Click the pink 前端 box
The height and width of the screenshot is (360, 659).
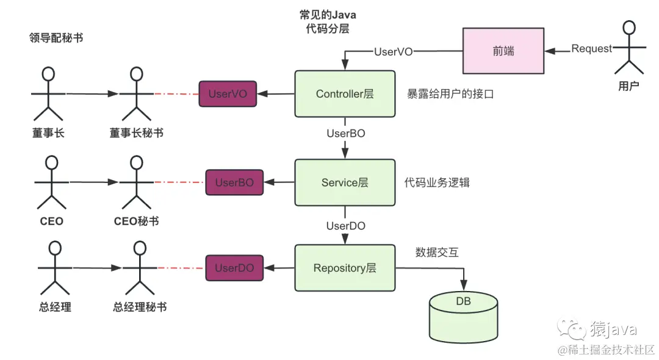click(503, 51)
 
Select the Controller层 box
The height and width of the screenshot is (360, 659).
click(345, 94)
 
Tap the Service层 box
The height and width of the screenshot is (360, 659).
click(345, 182)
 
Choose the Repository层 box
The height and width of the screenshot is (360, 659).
click(345, 268)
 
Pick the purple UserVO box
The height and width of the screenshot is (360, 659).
click(228, 94)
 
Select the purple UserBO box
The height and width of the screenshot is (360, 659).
click(234, 182)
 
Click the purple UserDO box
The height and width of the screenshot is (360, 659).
click(234, 268)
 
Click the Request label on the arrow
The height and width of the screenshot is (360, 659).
click(591, 49)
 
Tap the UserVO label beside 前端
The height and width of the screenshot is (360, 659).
click(393, 52)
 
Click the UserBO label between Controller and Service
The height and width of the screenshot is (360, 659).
click(346, 132)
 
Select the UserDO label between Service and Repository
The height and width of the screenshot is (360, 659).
click(346, 226)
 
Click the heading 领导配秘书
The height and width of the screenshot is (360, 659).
click(56, 38)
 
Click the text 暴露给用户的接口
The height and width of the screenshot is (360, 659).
click(450, 95)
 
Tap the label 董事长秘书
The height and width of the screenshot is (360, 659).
click(136, 132)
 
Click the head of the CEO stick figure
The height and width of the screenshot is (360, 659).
click(51, 162)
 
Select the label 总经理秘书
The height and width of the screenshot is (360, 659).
click(140, 307)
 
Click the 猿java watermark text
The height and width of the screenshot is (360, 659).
click(613, 330)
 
